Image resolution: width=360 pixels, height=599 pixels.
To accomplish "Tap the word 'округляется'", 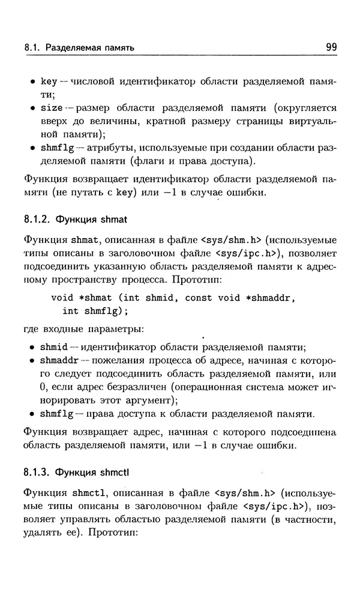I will [305, 108].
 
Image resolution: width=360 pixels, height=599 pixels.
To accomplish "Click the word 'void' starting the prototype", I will [62, 297].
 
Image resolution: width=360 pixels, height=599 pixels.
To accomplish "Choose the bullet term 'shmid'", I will [53, 347].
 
